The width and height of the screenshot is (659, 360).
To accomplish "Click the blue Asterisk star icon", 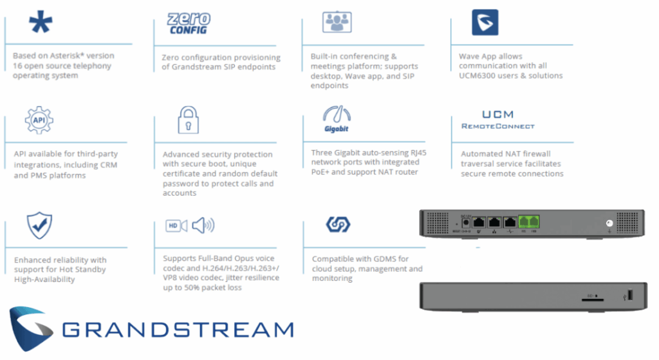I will (41, 23).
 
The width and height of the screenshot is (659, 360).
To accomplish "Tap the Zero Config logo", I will (189, 24).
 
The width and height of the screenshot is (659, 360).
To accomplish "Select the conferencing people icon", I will (336, 23).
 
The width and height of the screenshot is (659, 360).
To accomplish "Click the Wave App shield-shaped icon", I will (485, 22).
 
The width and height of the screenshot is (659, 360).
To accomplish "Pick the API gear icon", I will (39, 120).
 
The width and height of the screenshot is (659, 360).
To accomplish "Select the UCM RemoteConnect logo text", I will (497, 120).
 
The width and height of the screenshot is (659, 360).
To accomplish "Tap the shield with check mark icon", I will (39, 225).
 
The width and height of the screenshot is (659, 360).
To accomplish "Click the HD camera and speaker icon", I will (190, 225).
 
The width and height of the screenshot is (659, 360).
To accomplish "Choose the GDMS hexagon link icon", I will (337, 225).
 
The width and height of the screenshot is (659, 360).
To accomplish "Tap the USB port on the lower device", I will (629, 295).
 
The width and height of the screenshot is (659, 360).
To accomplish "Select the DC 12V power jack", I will (459, 221).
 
